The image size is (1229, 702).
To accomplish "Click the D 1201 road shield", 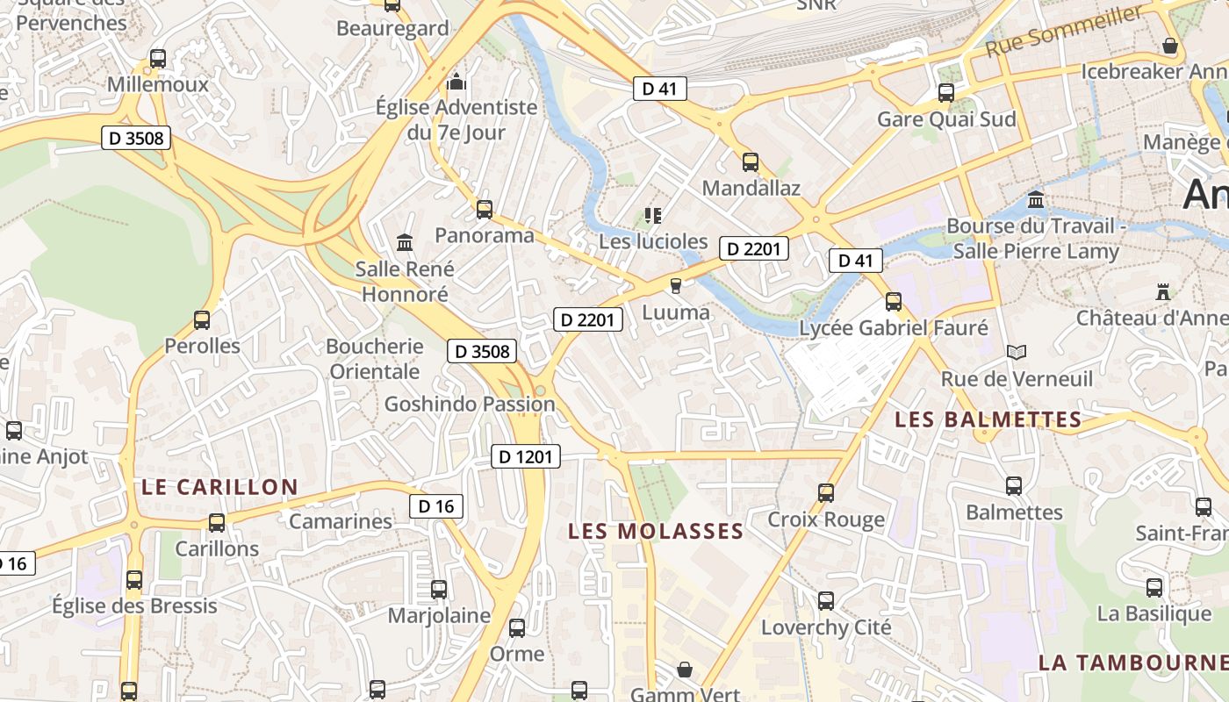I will point(525,456).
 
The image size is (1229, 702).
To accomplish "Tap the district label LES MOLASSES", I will point(656,531).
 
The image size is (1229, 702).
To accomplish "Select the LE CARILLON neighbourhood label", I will point(219,487).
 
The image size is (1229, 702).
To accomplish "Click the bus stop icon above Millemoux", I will point(158,59).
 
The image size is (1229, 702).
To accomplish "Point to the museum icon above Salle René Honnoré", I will point(405,241).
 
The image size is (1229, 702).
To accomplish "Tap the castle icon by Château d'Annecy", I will point(1164,290).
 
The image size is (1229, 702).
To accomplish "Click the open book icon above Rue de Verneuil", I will point(1017,352).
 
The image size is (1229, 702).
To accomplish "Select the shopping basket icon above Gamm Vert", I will point(685,670).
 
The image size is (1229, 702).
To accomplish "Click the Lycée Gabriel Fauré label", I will point(894,328).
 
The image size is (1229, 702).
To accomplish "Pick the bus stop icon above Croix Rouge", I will point(826,492).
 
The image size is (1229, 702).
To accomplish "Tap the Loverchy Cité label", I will point(826,627).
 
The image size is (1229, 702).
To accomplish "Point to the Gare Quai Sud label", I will point(946,119).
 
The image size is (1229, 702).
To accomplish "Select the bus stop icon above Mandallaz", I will point(751,161).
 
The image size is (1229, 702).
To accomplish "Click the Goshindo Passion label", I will point(470,405).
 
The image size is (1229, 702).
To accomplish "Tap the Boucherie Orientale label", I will point(375,359).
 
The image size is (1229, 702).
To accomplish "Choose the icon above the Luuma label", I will point(675,285).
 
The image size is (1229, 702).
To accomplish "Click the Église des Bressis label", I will point(134,605).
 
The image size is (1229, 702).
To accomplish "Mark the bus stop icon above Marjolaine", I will point(439,589).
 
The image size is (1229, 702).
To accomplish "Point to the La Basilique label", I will point(1154,613).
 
